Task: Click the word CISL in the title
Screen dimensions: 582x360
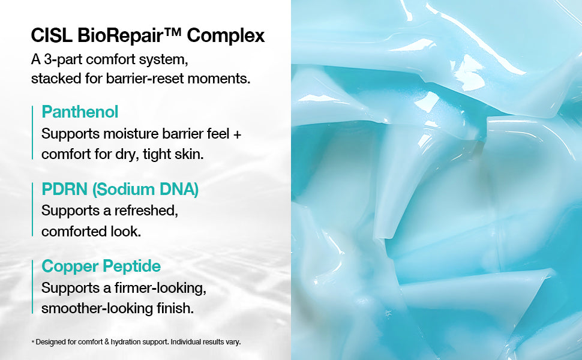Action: [52, 35]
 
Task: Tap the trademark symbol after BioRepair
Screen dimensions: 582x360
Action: [173, 32]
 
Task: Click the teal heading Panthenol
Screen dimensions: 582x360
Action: [80, 112]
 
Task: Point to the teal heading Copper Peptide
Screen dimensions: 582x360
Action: [101, 266]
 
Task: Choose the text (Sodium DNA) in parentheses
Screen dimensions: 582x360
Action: [145, 189]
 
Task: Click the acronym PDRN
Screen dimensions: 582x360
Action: [65, 189]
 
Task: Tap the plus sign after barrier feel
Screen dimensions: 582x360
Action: [237, 134]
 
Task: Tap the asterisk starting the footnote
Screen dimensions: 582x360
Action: [32, 341]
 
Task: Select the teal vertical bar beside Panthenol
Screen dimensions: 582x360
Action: [32, 133]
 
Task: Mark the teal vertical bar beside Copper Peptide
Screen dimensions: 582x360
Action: [32, 287]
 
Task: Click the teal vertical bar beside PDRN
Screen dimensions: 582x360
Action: [32, 209]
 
